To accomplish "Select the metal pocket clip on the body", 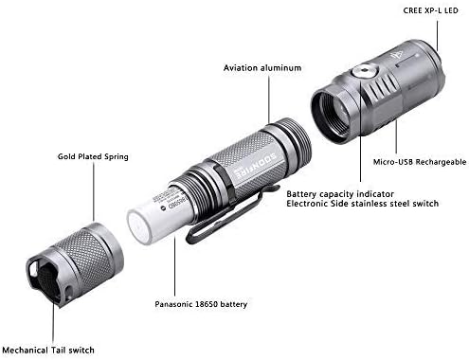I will [224, 213].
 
